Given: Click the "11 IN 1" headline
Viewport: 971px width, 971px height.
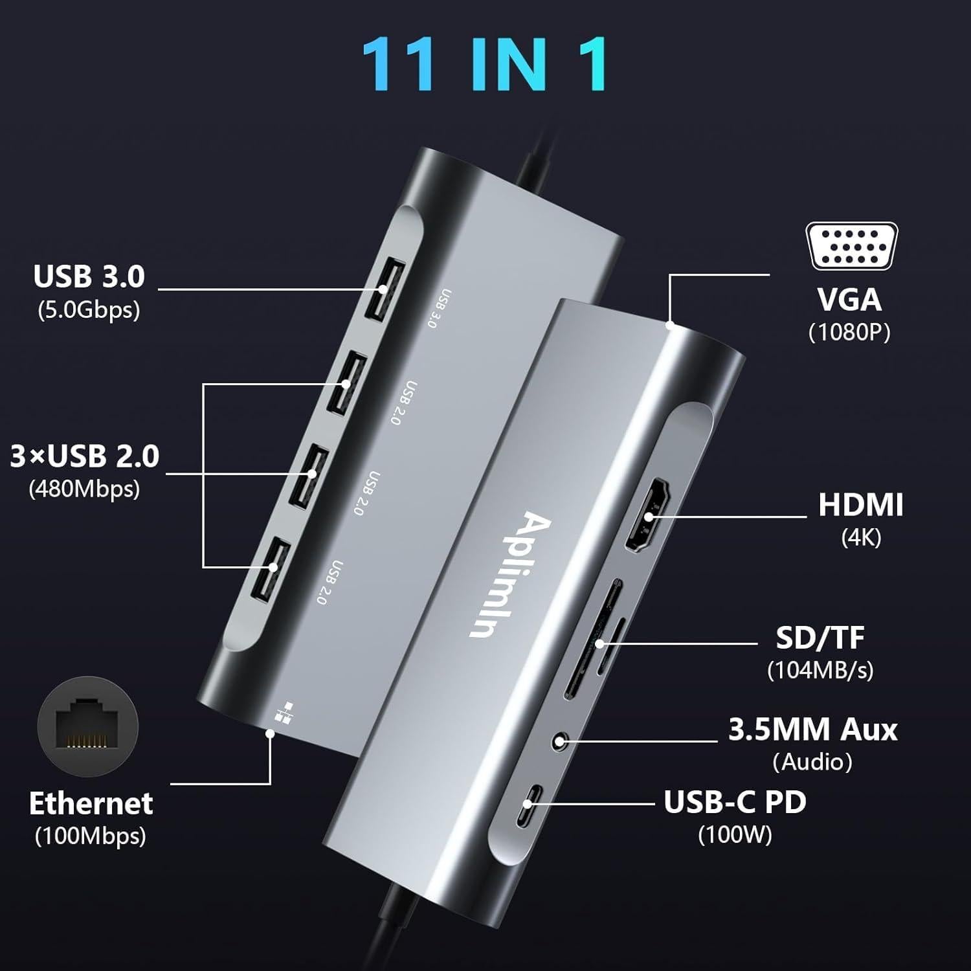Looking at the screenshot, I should tap(485, 63).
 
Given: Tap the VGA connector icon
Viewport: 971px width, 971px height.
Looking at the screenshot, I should tap(851, 246).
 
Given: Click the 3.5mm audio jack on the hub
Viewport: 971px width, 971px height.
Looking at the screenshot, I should tap(561, 739).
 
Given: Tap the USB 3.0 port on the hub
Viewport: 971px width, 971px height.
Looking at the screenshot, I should tap(385, 289).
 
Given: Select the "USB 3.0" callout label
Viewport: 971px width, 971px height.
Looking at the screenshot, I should tap(89, 276).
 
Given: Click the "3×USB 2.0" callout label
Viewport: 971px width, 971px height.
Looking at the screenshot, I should tap(85, 456).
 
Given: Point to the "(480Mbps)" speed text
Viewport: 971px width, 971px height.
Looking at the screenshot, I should tap(84, 489).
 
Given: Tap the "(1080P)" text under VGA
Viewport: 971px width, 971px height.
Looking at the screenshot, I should tap(849, 332).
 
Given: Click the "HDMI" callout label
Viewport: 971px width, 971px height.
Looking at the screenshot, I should tap(860, 505).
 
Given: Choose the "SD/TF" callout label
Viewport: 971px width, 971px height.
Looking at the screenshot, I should tap(820, 638).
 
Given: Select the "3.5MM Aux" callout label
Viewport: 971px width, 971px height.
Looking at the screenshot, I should tap(812, 730).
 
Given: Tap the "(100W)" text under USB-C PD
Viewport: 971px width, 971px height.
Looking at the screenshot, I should tap(735, 834).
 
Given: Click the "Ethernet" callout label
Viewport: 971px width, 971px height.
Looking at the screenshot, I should tap(91, 803).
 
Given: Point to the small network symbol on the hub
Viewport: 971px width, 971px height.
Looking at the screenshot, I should tap(282, 711).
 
